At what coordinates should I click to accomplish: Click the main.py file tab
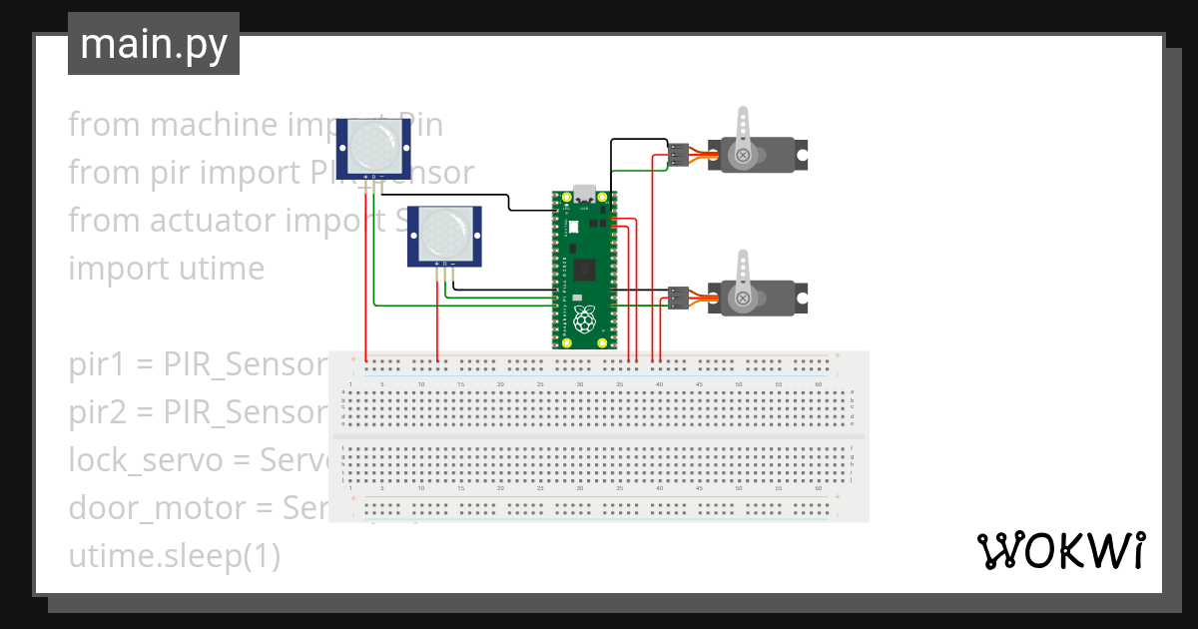click(153, 44)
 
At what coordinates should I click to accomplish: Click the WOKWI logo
click(1059, 550)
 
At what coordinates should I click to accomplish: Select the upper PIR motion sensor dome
click(371, 144)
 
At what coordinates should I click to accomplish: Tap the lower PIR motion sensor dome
click(444, 234)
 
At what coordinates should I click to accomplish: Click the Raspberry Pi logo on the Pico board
click(584, 320)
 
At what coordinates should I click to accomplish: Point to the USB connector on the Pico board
click(584, 193)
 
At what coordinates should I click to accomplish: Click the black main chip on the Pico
click(585, 270)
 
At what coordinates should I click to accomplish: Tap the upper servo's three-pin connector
click(678, 156)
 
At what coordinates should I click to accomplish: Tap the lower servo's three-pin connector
click(678, 299)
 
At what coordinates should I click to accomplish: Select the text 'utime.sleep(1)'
click(174, 556)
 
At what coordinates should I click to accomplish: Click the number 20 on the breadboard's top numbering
click(501, 384)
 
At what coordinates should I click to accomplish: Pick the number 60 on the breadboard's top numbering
click(819, 384)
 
